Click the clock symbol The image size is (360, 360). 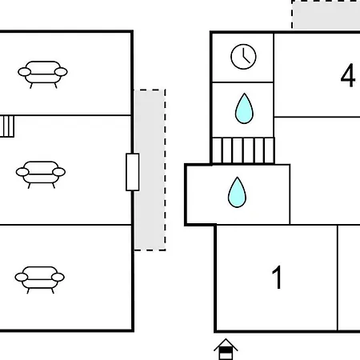click(x=243, y=57)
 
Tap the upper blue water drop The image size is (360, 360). click(x=244, y=109)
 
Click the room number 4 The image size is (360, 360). click(x=348, y=75)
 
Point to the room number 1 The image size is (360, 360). click(x=278, y=277)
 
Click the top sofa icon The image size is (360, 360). click(x=42, y=74)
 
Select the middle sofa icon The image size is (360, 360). click(x=41, y=174)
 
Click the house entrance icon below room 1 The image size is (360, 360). click(x=226, y=350)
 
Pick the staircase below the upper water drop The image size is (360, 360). click(x=243, y=150)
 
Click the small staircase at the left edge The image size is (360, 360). click(x=7, y=126)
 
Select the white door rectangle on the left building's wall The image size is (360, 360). click(x=133, y=172)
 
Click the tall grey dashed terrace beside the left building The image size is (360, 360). click(x=150, y=170)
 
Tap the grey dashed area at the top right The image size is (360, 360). click(x=326, y=14)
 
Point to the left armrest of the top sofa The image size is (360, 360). click(x=24, y=72)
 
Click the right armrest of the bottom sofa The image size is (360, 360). click(x=58, y=278)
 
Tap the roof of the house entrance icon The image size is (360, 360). click(x=226, y=344)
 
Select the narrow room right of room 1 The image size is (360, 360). click(x=349, y=278)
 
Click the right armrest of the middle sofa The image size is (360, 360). click(x=59, y=172)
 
